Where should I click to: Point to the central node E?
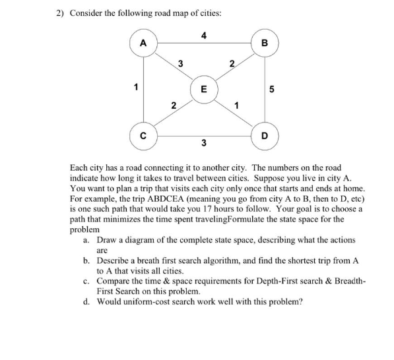point(203,89)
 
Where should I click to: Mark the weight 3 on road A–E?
point(180,63)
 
